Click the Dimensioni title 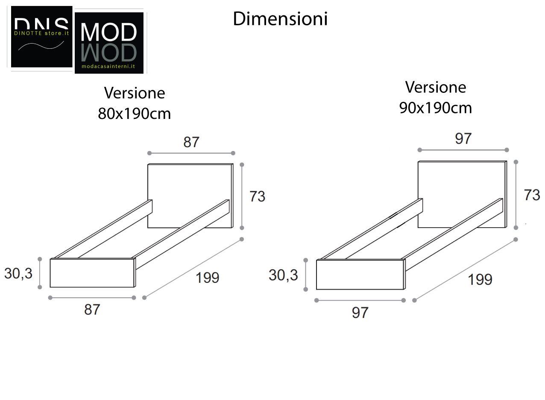[x=280, y=19]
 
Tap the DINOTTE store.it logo [x=41, y=36]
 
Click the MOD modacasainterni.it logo [x=109, y=43]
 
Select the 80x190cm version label [x=135, y=104]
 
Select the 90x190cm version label [x=436, y=98]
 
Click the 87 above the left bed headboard [x=191, y=142]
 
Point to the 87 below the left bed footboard [x=92, y=310]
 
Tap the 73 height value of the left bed [x=257, y=196]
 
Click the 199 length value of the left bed [x=207, y=278]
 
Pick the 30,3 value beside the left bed [x=18, y=273]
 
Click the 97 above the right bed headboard [x=463, y=139]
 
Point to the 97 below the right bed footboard [x=360, y=312]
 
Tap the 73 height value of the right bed [x=532, y=195]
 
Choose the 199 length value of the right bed [x=480, y=280]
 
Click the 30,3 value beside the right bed [x=283, y=275]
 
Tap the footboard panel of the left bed [x=92, y=273]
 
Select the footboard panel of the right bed [x=360, y=275]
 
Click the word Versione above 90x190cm [x=436, y=87]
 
